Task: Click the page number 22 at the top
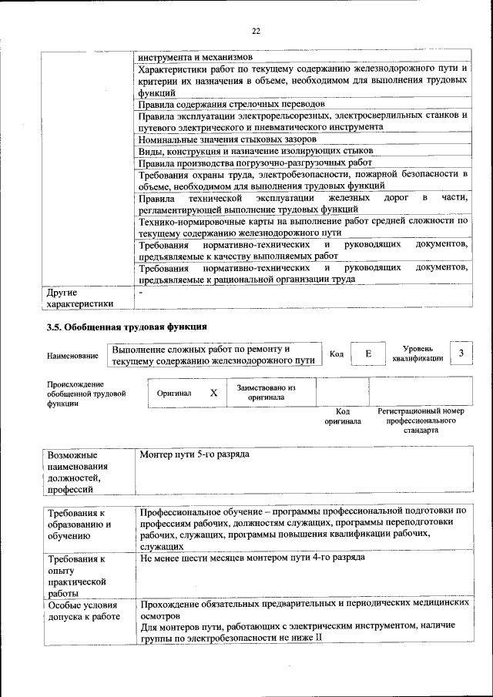(256, 31)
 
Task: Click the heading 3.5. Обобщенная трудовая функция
(127, 327)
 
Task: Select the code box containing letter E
(368, 354)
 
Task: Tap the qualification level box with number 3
(461, 353)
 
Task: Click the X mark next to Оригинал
(213, 393)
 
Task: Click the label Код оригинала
(342, 417)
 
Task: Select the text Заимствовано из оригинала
(266, 393)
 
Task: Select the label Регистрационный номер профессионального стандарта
(420, 421)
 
